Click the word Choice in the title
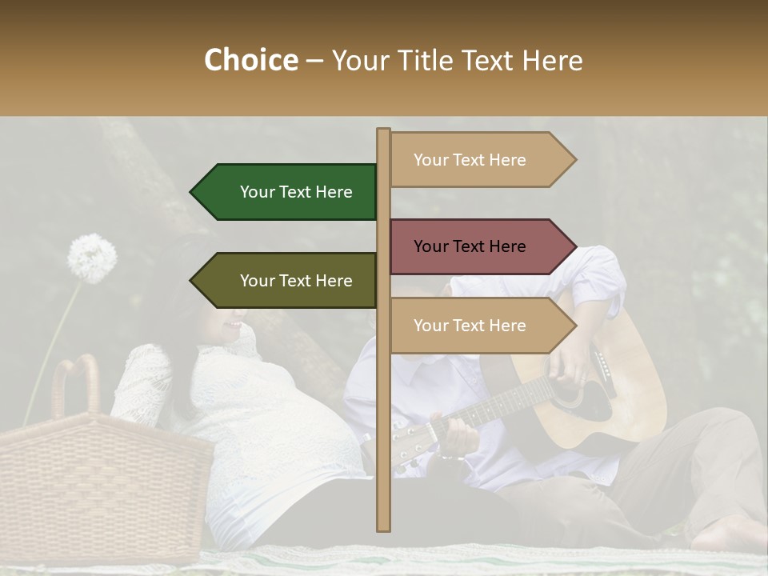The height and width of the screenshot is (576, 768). tap(250, 61)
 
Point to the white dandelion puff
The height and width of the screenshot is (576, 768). tap(91, 258)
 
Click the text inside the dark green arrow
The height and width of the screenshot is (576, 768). tap(296, 192)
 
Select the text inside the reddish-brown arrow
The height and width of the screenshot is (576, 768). tap(470, 246)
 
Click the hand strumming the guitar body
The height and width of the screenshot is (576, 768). tap(574, 364)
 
